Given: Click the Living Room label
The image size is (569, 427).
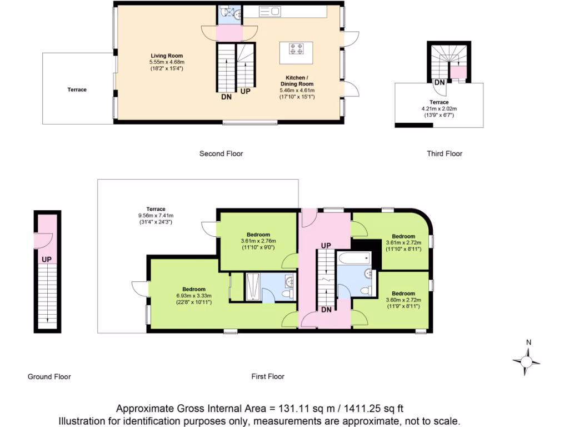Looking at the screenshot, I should pos(167,56).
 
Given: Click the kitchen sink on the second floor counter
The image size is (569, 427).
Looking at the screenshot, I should pos(270,11).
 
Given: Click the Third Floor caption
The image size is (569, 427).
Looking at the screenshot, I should pos(444,153).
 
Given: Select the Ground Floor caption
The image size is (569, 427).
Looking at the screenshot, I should pos(49,376).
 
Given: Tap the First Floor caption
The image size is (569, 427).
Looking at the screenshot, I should pos(268,376).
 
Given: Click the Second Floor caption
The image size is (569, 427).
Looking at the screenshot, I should pos(221,153).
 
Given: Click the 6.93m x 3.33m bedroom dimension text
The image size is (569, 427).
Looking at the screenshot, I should pos(194,296).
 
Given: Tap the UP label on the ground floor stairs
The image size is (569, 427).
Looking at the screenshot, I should pos(47,259).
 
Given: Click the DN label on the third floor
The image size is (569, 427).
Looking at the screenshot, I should pos(439,82).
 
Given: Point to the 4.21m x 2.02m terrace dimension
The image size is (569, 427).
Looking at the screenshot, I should pos(440,108).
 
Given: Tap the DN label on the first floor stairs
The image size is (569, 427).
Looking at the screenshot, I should pos(326,310).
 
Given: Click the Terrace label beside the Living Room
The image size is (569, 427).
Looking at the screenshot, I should pos(77,90).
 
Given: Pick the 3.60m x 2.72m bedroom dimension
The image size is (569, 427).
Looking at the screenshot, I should pos(403,300).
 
